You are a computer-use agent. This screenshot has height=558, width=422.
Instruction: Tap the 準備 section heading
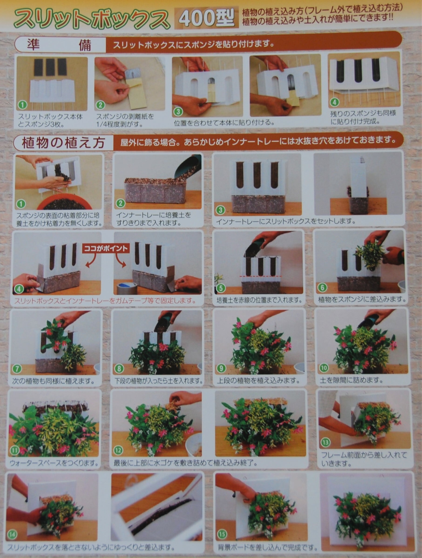click(60, 45)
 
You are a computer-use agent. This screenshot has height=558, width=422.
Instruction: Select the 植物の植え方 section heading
click(63, 143)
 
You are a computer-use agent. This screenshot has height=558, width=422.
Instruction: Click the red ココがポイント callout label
click(106, 248)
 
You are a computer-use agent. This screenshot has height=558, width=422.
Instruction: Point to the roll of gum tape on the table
click(127, 288)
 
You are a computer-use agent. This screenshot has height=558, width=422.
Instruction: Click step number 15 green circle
click(222, 534)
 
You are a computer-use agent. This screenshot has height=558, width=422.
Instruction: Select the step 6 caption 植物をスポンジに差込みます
click(362, 299)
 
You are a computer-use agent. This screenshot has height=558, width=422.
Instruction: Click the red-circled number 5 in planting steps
click(221, 288)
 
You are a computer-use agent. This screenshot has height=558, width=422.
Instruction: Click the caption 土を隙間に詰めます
click(351, 380)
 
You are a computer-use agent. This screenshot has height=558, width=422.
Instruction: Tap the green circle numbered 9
click(221, 368)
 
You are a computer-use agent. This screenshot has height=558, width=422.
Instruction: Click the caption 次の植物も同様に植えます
click(54, 381)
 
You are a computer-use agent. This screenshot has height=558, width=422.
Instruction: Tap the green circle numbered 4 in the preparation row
click(334, 102)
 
